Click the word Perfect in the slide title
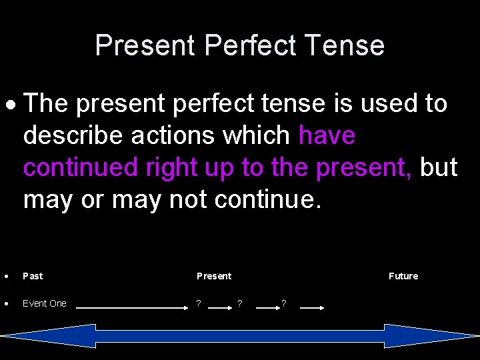coord(250,45)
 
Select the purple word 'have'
coord(327,135)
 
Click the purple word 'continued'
coord(80,167)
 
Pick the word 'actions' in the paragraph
coord(173,135)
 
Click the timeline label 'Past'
coord(33,276)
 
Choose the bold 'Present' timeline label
coord(214,276)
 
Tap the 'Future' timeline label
coord(403,276)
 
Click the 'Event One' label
coord(45,303)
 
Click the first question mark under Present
coord(198,304)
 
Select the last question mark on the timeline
coord(284,304)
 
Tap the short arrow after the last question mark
coord(311,308)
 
